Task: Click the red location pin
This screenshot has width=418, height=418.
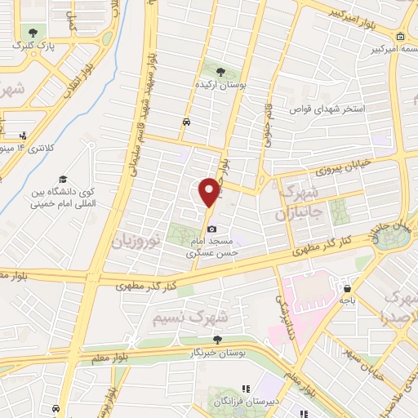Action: tap(210, 192)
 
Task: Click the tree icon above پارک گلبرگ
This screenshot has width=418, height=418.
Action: tap(32, 32)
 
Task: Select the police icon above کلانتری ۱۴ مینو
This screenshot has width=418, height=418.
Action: tap(24, 136)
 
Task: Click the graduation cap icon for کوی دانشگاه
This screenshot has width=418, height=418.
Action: tap(61, 180)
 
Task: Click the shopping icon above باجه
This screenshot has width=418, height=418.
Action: tap(349, 288)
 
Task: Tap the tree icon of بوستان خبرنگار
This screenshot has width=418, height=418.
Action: tap(216, 340)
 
